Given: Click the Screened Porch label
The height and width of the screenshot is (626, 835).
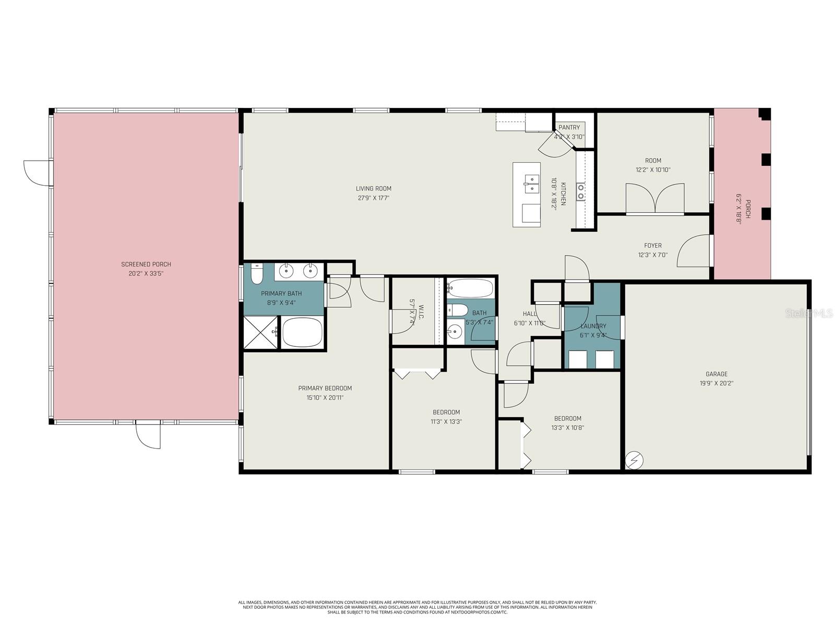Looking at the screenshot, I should (146, 264).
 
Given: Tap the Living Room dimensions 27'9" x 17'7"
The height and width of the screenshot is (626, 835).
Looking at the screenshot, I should (373, 198).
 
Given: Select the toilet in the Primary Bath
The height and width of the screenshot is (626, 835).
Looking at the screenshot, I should (256, 274).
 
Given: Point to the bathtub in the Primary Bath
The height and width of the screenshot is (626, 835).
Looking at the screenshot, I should (302, 332).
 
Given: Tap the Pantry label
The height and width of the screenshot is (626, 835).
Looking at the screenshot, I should (569, 127).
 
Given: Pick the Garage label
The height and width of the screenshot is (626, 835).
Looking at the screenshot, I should (716, 374).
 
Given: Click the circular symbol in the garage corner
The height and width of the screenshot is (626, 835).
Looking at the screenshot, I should (635, 460).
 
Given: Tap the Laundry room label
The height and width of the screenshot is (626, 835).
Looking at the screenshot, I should (593, 326).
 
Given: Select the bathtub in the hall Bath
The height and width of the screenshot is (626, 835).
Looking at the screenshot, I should (470, 288).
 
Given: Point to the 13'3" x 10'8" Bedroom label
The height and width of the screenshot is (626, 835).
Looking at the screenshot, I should (567, 418).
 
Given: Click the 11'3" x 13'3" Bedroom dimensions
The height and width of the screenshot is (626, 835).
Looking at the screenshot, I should (446, 422).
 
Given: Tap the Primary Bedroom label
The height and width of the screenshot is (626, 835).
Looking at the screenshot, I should (325, 388).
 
